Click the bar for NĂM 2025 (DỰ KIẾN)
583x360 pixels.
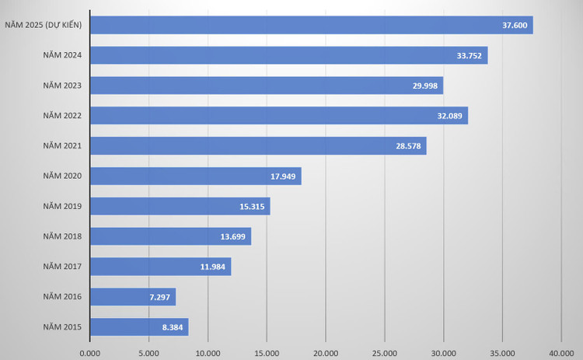coord(311,25)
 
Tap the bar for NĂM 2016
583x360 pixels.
coord(133,297)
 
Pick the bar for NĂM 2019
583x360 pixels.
coord(180,206)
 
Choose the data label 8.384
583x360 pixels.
coord(173,327)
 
